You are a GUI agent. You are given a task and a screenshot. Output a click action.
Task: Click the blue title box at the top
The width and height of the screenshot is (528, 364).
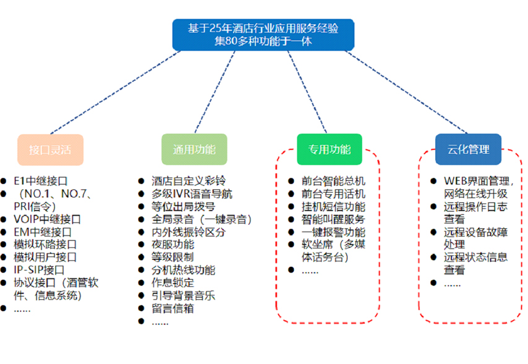pyautogui.click(x=263, y=35)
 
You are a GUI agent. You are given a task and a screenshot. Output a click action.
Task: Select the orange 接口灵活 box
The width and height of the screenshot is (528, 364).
pyautogui.click(x=50, y=150)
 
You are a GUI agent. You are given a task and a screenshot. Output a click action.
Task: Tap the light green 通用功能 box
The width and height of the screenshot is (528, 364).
pyautogui.click(x=194, y=149)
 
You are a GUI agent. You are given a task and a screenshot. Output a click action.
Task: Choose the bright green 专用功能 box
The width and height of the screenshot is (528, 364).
pyautogui.click(x=329, y=149)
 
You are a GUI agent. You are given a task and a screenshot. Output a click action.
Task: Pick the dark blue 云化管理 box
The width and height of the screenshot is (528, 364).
pyautogui.click(x=468, y=149)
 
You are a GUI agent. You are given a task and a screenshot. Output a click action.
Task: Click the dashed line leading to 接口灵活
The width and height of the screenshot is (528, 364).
pyautogui.click(x=116, y=93)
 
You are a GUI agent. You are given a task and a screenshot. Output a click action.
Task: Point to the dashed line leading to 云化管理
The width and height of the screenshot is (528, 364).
pyautogui.click(x=406, y=92)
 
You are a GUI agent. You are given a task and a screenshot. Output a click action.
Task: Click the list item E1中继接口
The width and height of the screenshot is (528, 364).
pyautogui.click(x=40, y=181)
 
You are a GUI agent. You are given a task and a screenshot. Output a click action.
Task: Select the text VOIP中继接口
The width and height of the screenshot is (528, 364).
pyautogui.click(x=47, y=219)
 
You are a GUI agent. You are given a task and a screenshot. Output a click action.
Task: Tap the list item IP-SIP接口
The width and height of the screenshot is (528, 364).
pyautogui.click(x=39, y=270)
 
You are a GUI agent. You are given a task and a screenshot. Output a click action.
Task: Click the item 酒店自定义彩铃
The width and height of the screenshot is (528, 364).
pyautogui.click(x=188, y=181)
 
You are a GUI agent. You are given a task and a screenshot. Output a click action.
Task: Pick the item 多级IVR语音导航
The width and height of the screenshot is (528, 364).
pyautogui.click(x=192, y=194)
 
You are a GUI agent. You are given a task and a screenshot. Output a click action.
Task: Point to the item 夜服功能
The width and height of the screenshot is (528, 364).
pyautogui.click(x=173, y=244)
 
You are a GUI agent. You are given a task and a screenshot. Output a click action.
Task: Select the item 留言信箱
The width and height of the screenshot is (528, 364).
pyautogui.click(x=173, y=308)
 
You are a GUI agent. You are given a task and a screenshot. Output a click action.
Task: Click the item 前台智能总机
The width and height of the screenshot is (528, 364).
pyautogui.click(x=333, y=181)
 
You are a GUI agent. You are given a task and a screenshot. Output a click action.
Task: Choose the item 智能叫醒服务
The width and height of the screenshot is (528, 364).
pyautogui.click(x=333, y=219)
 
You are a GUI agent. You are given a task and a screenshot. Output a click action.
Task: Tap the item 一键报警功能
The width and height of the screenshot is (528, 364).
pyautogui.click(x=333, y=232)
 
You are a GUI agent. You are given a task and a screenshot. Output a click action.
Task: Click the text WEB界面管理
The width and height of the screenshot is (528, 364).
pyautogui.click(x=476, y=181)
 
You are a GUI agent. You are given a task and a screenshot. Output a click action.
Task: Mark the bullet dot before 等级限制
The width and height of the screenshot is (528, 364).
pyautogui.click(x=141, y=258)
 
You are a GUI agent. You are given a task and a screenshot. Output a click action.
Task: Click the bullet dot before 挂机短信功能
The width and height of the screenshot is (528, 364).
pyautogui.click(x=292, y=206)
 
